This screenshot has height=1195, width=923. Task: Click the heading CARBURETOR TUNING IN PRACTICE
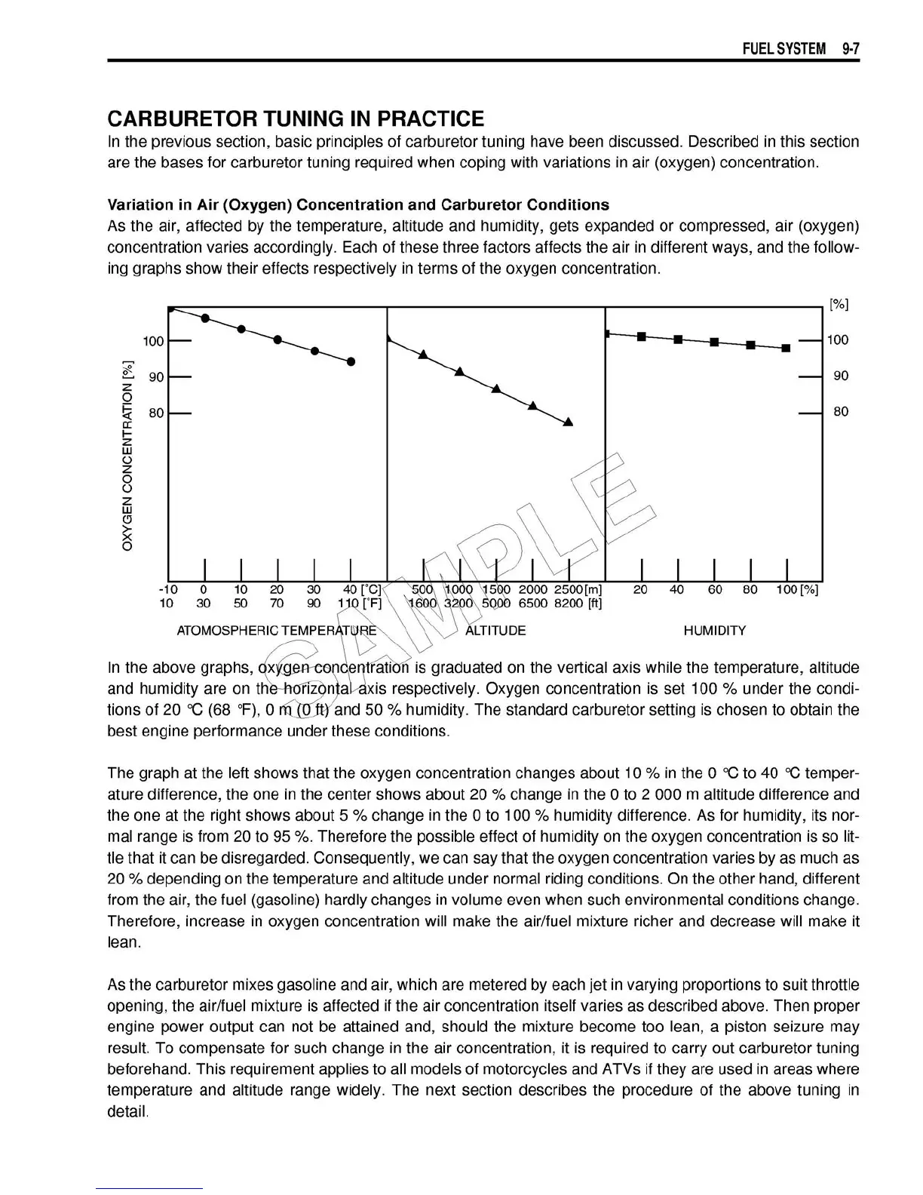tap(296, 118)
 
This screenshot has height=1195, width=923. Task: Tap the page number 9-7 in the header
tap(851, 49)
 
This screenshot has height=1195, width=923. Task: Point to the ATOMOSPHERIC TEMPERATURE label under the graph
tap(276, 631)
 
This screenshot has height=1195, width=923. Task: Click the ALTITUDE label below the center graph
tap(495, 631)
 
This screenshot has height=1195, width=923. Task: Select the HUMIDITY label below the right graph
tap(714, 631)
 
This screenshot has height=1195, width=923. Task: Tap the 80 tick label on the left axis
tap(155, 413)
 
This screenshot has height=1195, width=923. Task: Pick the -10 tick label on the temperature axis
tap(167, 590)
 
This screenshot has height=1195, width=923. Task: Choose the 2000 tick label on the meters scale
tap(534, 590)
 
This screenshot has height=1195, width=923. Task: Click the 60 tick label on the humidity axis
tap(714, 590)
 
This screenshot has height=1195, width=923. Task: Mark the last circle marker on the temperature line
tap(351, 362)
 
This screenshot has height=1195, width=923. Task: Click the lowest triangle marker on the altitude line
tap(569, 422)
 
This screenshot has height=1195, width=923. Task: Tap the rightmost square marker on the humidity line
tap(786, 349)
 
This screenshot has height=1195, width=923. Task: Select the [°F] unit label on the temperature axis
tap(371, 604)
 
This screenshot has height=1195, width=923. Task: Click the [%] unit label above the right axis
tap(839, 305)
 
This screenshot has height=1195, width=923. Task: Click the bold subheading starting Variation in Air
tap(358, 205)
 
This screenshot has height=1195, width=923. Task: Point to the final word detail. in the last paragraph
tap(127, 1112)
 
